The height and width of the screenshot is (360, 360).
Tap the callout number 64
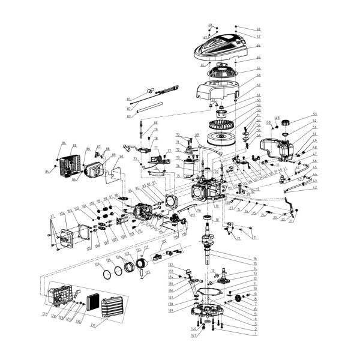click(242, 68)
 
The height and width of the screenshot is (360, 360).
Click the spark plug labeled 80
click(142, 128)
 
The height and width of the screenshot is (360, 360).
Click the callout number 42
click(315, 188)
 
